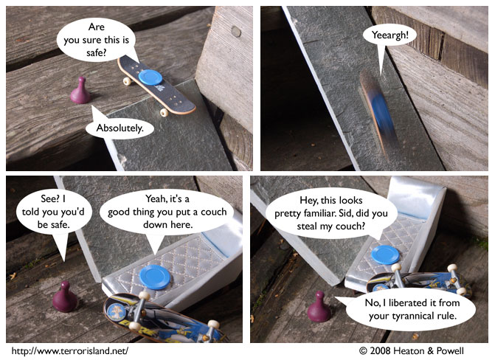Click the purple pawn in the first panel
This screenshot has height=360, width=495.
pyautogui.click(x=80, y=91)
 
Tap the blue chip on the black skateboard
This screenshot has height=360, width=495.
pyautogui.click(x=150, y=77)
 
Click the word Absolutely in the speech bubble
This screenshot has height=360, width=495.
pyautogui.click(x=120, y=128)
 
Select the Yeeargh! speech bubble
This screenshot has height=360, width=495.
pyautogui.click(x=390, y=35)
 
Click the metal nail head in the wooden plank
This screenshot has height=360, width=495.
pyautogui.click(x=236, y=32)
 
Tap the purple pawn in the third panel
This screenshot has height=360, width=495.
pyautogui.click(x=65, y=297)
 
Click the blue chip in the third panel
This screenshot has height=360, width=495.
pyautogui.click(x=155, y=277)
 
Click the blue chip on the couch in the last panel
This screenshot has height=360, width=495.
pyautogui.click(x=385, y=255)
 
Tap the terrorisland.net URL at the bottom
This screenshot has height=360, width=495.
pyautogui.click(x=70, y=351)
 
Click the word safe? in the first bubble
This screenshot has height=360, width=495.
pyautogui.click(x=97, y=52)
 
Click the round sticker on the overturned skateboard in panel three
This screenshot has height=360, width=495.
pyautogui.click(x=116, y=311)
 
